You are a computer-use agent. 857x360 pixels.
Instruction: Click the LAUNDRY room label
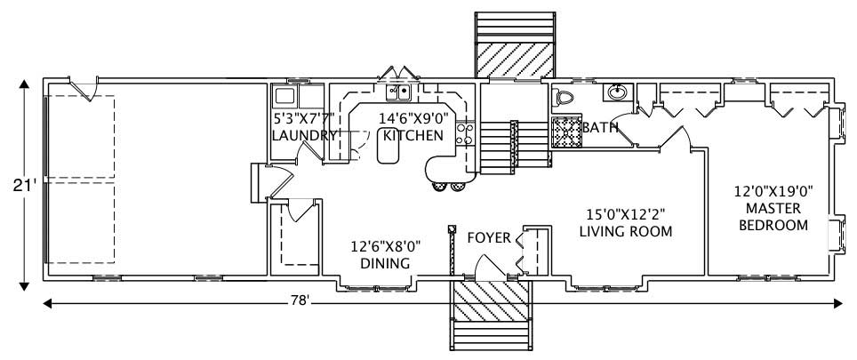point(304,136)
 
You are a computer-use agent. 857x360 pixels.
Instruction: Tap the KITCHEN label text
point(412,136)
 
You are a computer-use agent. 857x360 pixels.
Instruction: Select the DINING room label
point(384,264)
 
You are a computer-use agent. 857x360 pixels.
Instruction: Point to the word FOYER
point(489,237)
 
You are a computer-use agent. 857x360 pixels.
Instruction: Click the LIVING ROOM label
point(625,231)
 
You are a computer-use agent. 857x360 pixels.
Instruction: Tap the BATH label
point(600,127)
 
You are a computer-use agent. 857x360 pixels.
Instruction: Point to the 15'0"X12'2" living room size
point(626,213)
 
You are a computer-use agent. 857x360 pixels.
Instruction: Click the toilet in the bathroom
point(562,98)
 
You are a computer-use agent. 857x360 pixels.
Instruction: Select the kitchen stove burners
point(463,133)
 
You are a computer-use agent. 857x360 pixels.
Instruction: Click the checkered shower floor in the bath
point(565,131)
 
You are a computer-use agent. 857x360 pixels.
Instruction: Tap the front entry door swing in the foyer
point(488,266)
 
